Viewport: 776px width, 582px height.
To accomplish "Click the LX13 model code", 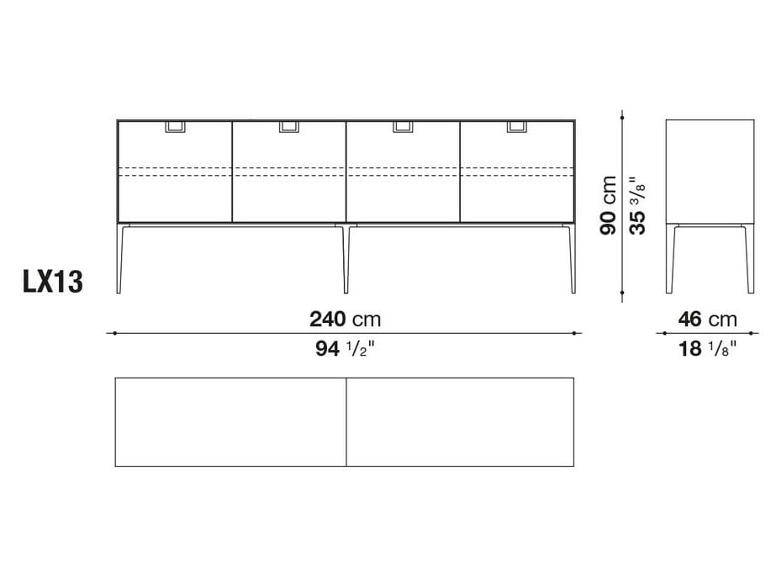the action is click(x=53, y=283).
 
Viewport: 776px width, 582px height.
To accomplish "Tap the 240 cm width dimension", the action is click(x=345, y=320).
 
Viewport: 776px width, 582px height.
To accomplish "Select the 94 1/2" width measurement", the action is click(x=345, y=349).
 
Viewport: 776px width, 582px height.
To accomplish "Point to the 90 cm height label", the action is click(x=608, y=205).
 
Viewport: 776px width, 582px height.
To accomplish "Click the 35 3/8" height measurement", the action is click(x=637, y=205).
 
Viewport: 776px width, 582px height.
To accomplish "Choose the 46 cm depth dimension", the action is click(x=707, y=320).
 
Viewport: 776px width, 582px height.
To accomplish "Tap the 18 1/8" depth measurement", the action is click(x=707, y=349).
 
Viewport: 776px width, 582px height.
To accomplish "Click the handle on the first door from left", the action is click(x=176, y=127).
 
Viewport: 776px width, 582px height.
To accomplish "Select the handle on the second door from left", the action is click(x=289, y=127).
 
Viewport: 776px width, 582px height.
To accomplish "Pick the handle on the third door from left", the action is click(x=404, y=127).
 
